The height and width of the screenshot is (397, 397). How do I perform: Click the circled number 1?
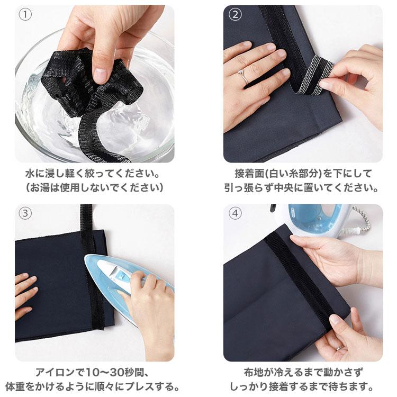point(25,15)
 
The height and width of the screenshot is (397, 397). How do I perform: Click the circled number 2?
point(235,15)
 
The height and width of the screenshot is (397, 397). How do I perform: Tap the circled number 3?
point(25,213)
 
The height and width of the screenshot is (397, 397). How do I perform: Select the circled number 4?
point(235,213)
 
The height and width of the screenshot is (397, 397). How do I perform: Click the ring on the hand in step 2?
point(242,75)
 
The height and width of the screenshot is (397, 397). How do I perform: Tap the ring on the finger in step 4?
point(339,348)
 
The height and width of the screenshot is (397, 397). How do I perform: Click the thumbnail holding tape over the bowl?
point(100,75)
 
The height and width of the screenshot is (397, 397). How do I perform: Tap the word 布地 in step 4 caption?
point(253,373)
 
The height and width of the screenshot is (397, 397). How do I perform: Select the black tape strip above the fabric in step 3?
point(86,217)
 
